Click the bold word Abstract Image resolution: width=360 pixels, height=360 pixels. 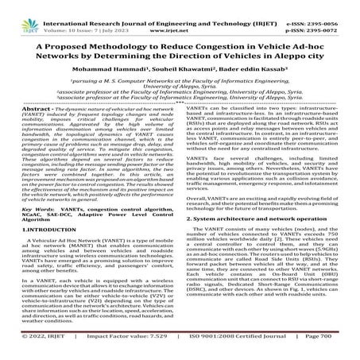click(x=37, y=129)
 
